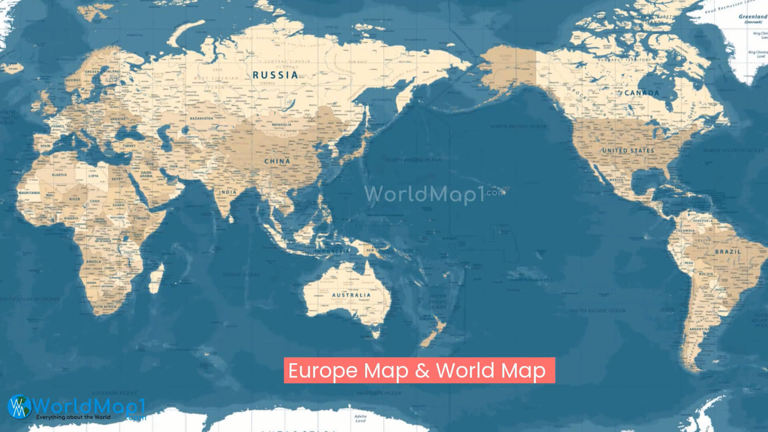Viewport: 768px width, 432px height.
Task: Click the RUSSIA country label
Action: [x=275, y=75]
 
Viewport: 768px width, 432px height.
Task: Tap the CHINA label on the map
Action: [x=277, y=161]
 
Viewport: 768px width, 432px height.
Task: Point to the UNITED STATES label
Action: [x=628, y=151]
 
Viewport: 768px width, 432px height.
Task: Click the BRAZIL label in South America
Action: [x=728, y=252]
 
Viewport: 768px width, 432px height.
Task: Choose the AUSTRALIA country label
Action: [x=351, y=295]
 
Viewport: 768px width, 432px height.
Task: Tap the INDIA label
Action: [x=228, y=192]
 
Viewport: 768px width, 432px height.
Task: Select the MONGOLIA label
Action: [x=282, y=125]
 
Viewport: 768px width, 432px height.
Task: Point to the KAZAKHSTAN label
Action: [x=201, y=119]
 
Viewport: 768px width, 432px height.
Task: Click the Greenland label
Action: [x=752, y=17]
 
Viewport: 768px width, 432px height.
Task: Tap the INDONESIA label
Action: [x=332, y=251]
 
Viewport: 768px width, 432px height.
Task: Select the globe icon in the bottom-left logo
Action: [x=19, y=406]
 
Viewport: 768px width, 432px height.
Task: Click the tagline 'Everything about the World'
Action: [x=73, y=417]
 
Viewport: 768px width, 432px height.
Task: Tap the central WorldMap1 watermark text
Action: [x=424, y=195]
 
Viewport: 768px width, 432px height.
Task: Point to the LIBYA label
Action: [x=93, y=176]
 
